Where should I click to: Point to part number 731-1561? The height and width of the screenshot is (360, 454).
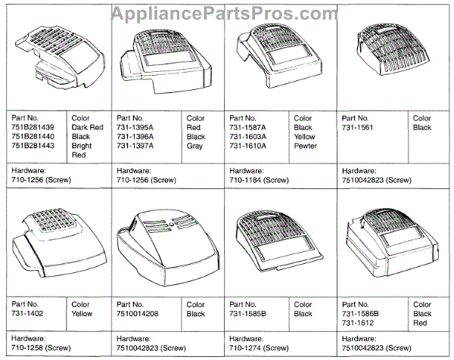(x=359, y=127)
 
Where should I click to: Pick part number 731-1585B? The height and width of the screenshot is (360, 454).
(x=247, y=313)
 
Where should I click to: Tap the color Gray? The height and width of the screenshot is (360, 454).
(x=194, y=145)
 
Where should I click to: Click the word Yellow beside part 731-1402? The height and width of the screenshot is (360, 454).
(x=83, y=313)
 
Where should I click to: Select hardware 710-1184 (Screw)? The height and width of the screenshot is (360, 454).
(x=258, y=181)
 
